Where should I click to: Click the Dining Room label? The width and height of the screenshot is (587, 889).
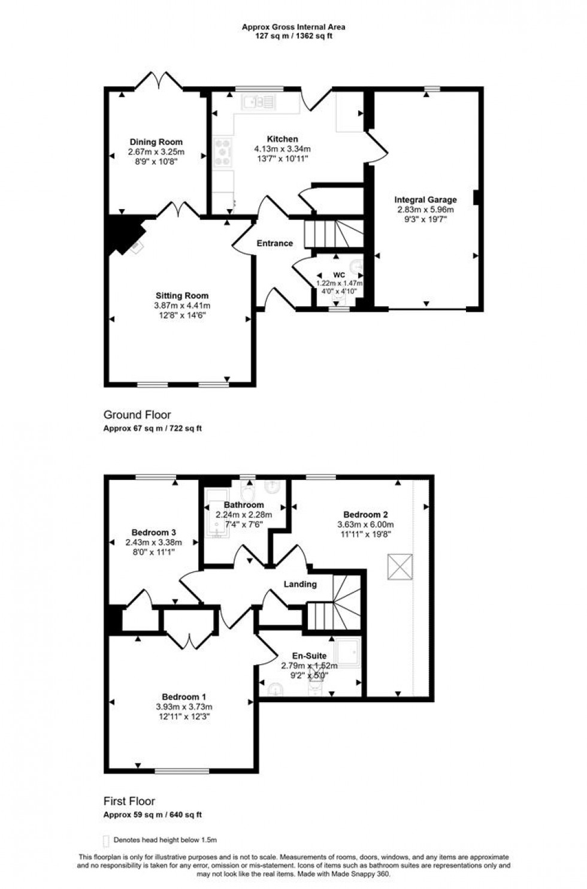156,142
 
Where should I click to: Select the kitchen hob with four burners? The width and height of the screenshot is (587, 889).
223,152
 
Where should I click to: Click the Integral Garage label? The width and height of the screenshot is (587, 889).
425,200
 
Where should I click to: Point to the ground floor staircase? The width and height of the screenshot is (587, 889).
333,233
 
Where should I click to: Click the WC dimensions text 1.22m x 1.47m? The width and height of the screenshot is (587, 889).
339,283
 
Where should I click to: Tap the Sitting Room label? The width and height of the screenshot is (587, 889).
182,295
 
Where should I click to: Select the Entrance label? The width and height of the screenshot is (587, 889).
275,243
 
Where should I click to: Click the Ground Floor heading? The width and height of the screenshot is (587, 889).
137,415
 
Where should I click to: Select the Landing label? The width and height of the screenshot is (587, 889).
299,584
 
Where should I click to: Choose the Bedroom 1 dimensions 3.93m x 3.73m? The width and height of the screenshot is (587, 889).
184,706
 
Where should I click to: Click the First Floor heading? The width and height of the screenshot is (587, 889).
129,801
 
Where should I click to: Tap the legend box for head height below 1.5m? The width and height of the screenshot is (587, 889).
107,840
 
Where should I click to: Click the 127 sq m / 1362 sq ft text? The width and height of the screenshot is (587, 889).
293,35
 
